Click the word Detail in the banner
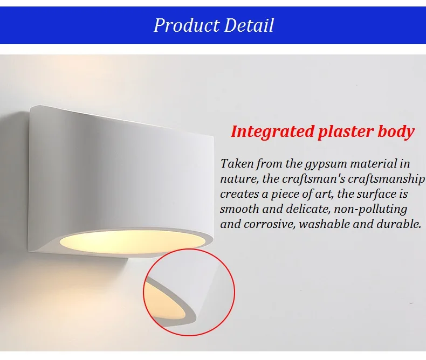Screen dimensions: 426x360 tap(249, 25)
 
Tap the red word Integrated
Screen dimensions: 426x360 tap(272, 132)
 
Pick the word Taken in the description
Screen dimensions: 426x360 tap(237, 164)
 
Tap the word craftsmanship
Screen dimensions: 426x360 tap(386, 179)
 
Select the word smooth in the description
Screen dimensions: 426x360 tap(239, 209)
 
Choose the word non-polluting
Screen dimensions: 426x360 tap(370, 210)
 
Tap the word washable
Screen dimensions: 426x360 tap(324, 224)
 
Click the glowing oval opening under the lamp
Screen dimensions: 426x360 tap(132, 241)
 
